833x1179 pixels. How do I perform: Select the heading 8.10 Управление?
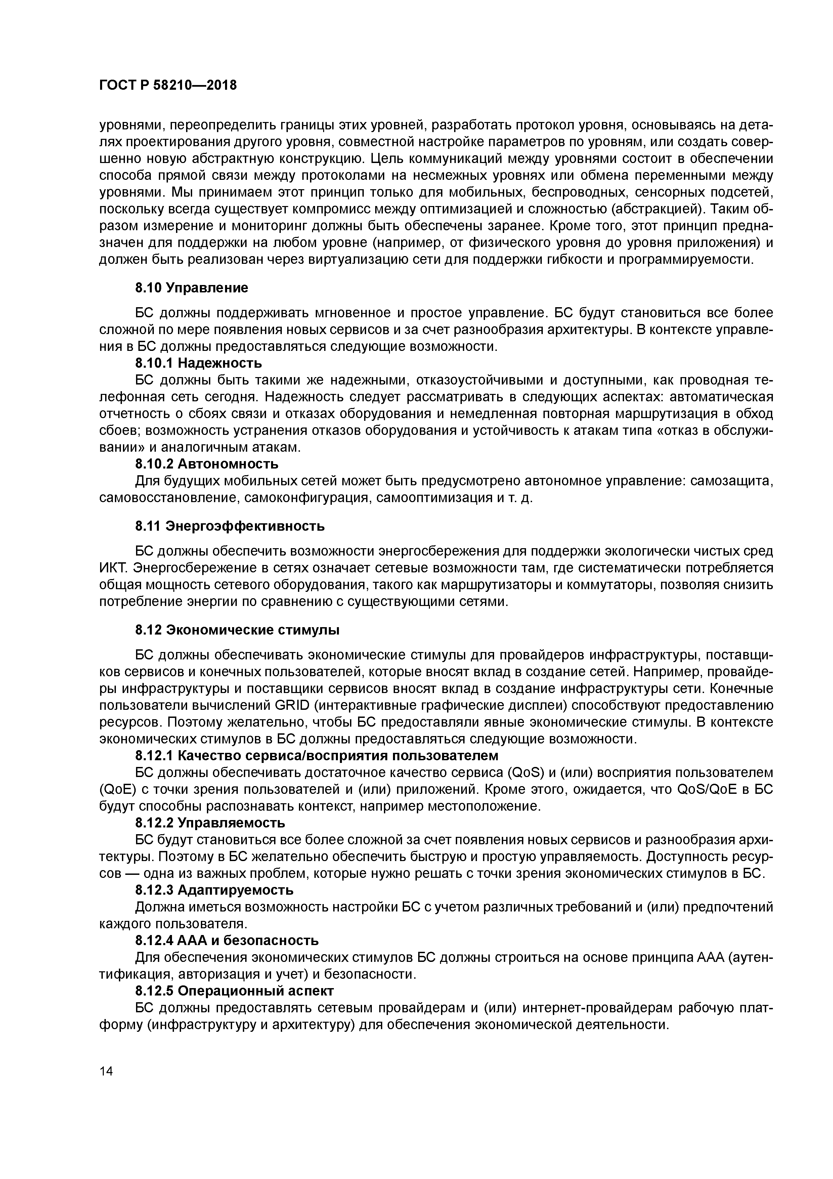191,288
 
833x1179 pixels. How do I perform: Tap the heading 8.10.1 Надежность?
198,363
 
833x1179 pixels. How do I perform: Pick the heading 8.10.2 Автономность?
206,464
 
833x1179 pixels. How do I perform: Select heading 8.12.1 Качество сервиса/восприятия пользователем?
317,756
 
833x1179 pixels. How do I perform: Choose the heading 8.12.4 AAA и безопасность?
226,940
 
